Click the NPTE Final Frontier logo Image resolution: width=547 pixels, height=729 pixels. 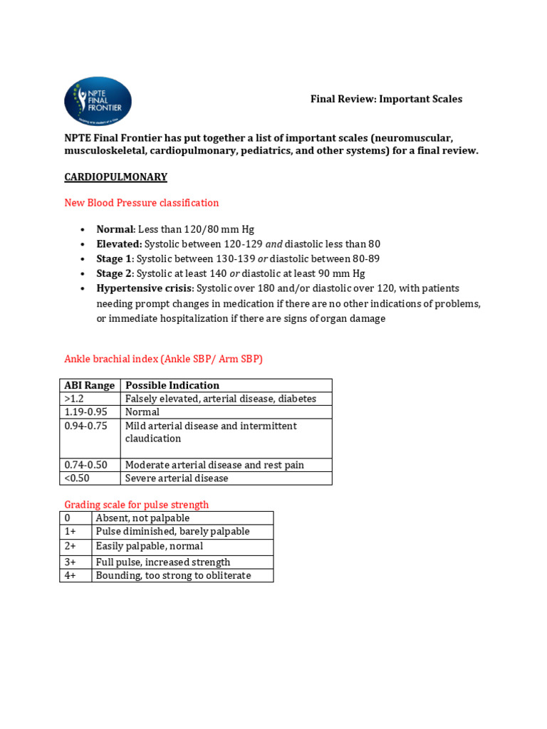point(98,102)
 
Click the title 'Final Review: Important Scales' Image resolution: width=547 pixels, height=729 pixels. point(386,99)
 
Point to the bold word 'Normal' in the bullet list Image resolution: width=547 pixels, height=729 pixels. point(115,229)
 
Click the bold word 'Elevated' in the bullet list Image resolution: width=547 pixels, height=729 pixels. point(118,244)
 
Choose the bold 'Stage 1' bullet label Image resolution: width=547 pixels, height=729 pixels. point(115,259)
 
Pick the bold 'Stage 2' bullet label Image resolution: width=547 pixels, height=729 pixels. point(115,274)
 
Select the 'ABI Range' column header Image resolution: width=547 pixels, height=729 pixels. point(90,385)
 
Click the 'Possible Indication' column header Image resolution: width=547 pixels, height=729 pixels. point(172,385)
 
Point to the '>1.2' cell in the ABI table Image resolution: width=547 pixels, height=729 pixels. point(75,399)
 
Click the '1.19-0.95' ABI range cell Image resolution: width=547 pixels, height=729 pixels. point(84,411)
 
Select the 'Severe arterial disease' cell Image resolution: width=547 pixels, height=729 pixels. point(177,478)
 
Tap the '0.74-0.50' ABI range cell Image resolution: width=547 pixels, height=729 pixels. point(85,465)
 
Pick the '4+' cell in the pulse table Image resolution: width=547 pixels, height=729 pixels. point(71,575)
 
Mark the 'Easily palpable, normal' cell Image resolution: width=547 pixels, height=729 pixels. point(150,546)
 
